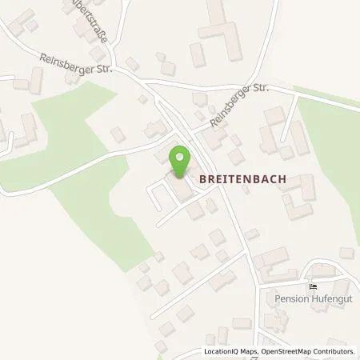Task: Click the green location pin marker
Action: (180, 159)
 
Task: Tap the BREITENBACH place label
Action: (243, 180)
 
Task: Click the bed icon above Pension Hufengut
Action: (312, 286)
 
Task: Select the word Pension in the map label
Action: (290, 300)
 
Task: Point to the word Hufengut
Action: (329, 300)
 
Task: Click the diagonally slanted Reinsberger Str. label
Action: (237, 109)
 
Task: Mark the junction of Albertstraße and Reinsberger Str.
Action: (118, 68)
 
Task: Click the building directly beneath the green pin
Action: (181, 187)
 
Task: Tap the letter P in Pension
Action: (276, 300)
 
